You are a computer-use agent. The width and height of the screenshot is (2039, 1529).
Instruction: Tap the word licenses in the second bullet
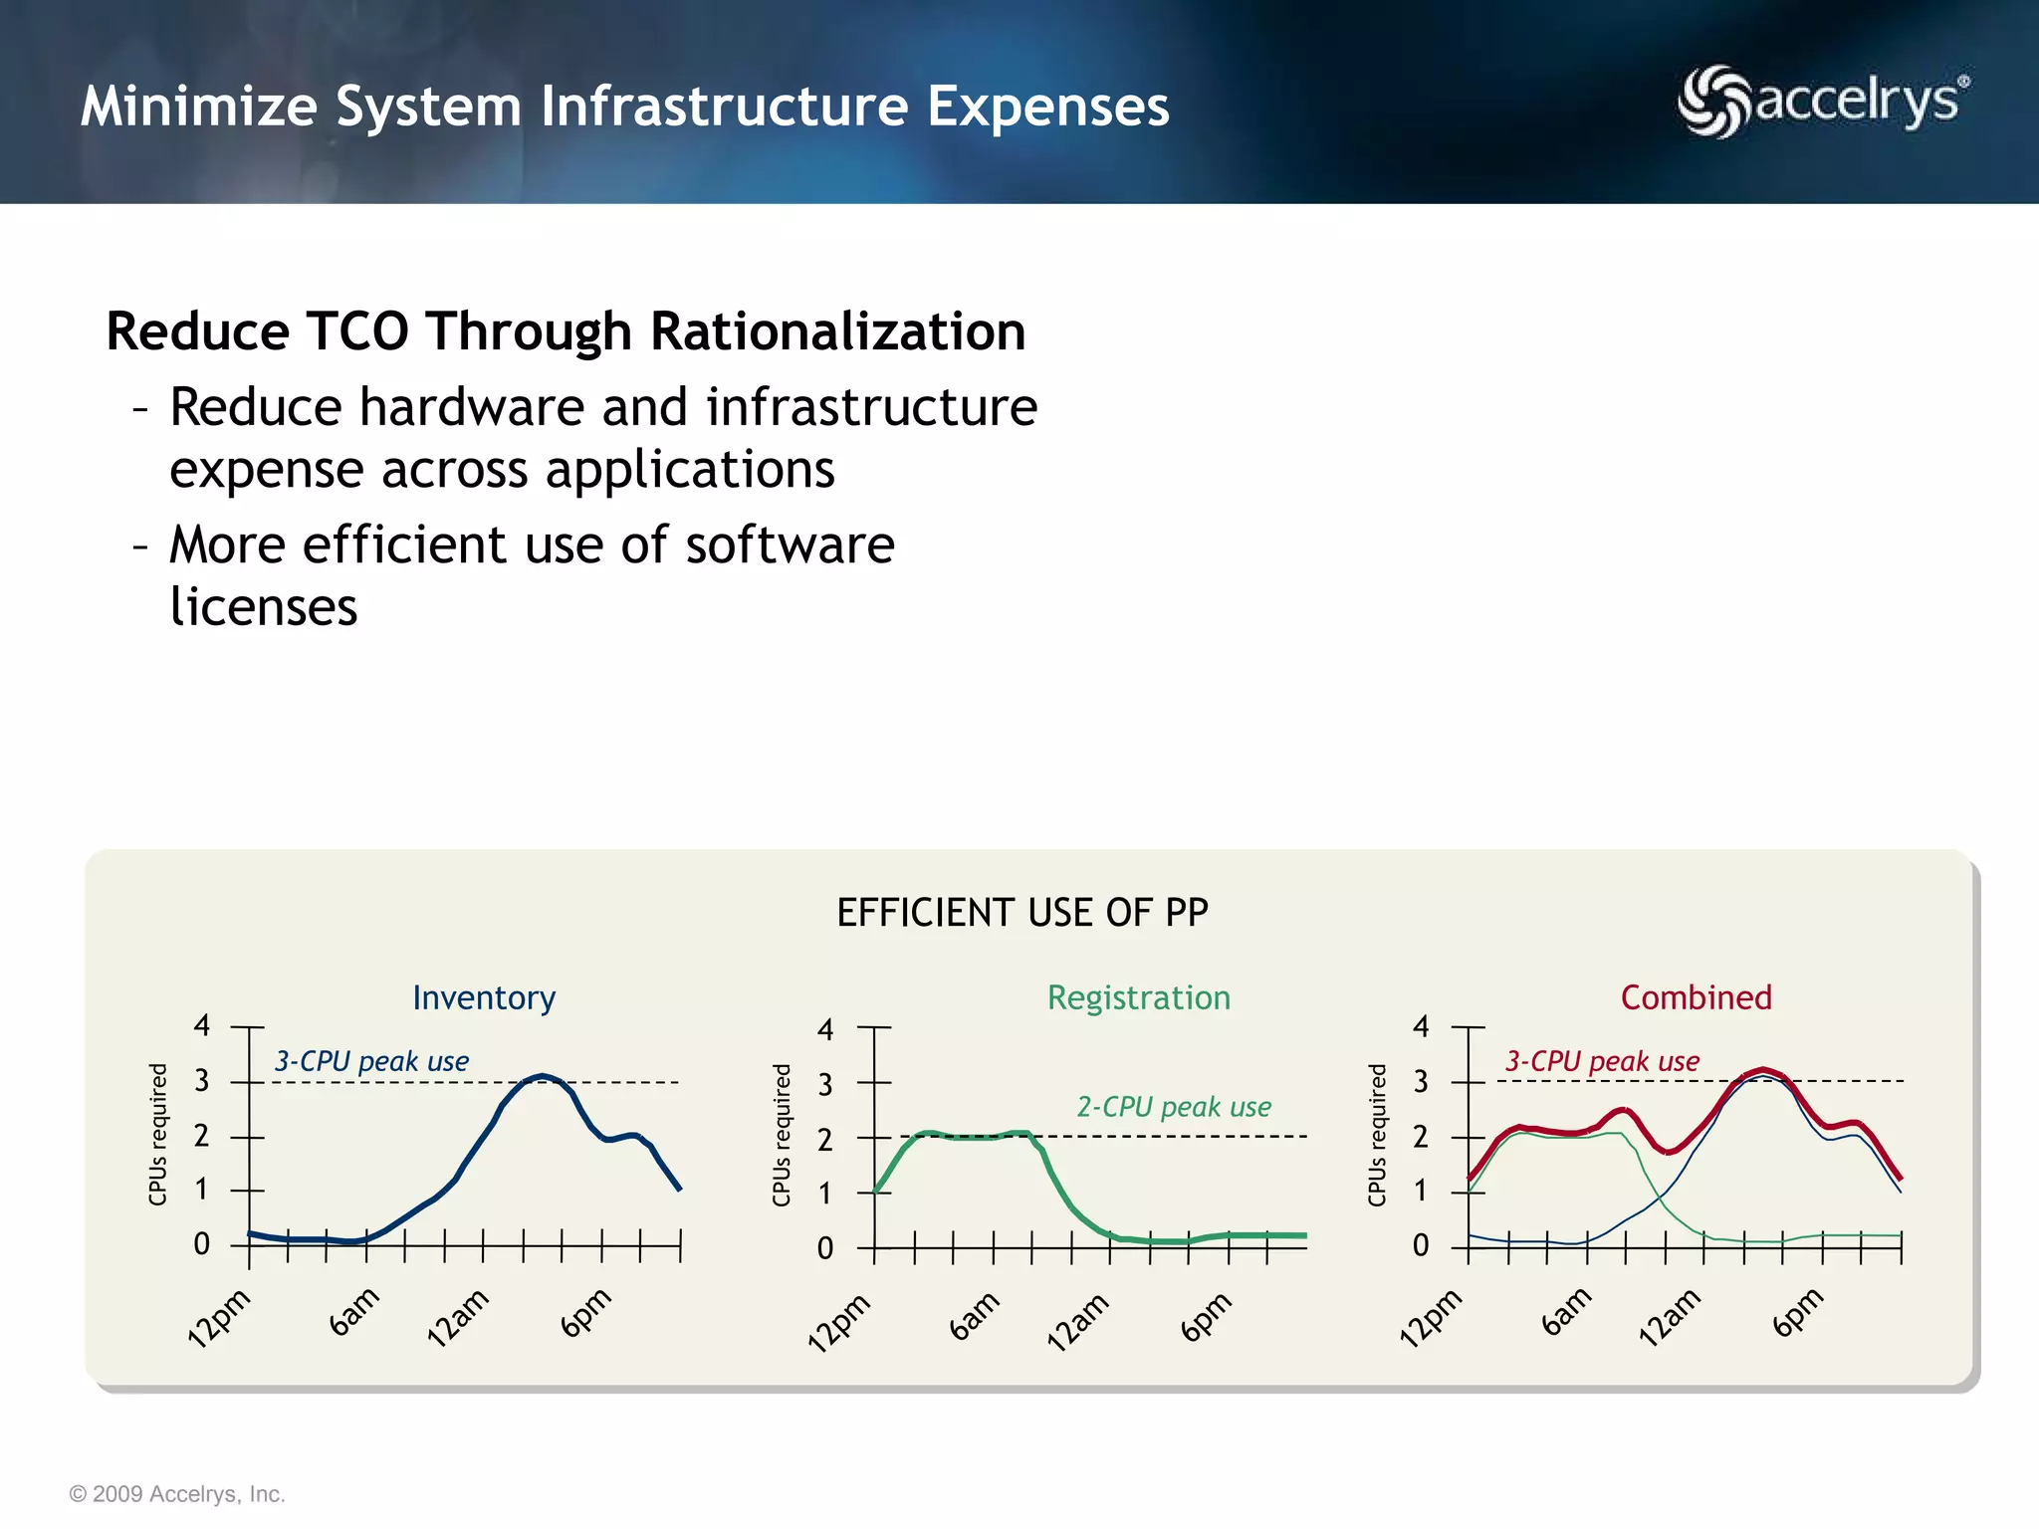[263, 607]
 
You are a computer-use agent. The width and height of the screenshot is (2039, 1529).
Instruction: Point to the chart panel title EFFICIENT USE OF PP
[1021, 913]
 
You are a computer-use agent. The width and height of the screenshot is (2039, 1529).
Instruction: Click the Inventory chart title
[484, 997]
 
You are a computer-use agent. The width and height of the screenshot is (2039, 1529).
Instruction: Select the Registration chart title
[1138, 997]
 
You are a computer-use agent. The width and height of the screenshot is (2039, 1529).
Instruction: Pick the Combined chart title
[1696, 997]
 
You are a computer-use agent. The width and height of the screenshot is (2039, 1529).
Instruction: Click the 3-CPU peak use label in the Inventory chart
[371, 1061]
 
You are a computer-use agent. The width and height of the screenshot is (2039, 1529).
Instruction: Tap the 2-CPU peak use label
[1174, 1107]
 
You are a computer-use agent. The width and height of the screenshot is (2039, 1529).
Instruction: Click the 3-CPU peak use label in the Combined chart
[1602, 1061]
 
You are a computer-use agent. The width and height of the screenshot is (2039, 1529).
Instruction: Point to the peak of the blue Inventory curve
[541, 1076]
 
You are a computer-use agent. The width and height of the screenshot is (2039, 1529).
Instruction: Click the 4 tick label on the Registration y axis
[824, 1029]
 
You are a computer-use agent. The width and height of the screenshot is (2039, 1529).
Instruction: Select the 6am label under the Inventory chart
[354, 1312]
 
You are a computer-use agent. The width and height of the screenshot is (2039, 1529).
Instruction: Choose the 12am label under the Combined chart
[1670, 1317]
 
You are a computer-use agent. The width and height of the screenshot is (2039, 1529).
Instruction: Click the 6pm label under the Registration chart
[1206, 1316]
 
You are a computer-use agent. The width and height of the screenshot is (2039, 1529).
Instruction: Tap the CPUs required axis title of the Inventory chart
[157, 1134]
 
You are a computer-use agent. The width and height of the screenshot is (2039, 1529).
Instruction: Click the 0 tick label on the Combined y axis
[1421, 1245]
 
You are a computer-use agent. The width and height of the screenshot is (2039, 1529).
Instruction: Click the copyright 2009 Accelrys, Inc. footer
[177, 1494]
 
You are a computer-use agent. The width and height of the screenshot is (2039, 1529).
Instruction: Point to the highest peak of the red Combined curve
[1763, 1070]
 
